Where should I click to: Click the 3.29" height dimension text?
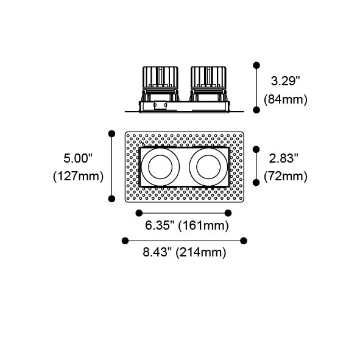286,81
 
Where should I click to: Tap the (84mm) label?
286,100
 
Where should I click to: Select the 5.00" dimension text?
78,158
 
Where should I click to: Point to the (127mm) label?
78,177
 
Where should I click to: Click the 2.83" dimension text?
283,158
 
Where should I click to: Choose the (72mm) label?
286,177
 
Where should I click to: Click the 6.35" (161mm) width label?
187,225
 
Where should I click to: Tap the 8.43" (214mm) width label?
185,252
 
